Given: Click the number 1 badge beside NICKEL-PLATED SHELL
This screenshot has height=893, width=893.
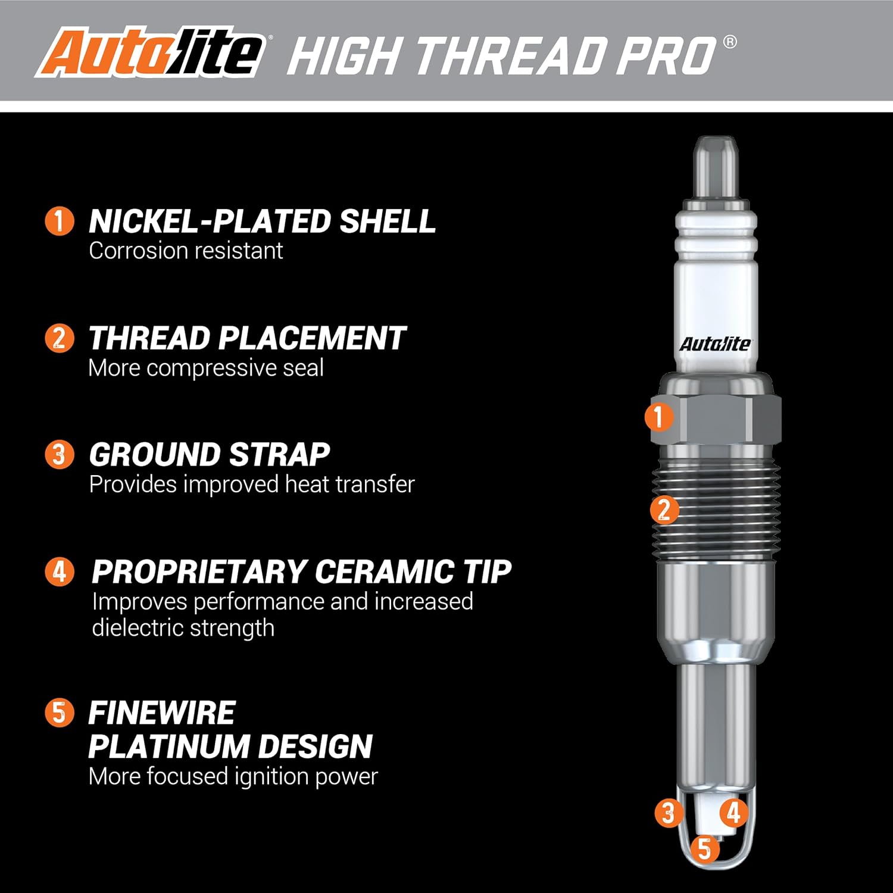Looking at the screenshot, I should point(60,221).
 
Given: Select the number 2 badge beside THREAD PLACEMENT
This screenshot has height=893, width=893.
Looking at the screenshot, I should point(60,338).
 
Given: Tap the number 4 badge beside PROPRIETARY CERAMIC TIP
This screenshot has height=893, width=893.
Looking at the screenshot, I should point(60,572).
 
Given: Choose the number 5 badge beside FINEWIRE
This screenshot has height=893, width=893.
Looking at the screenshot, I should point(60,712).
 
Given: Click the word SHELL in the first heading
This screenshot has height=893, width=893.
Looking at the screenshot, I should point(387,221).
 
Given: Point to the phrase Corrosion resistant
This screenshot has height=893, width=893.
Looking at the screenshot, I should point(186,251).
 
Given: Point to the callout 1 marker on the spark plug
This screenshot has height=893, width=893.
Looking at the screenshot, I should point(659,416).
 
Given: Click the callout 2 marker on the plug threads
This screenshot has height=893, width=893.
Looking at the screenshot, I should point(664,510).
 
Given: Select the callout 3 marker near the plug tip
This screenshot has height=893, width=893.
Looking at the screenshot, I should point(669,812).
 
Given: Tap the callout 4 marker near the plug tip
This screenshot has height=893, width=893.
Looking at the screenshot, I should point(734,812).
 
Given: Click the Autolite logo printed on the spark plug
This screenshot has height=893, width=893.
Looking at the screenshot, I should point(715,344).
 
